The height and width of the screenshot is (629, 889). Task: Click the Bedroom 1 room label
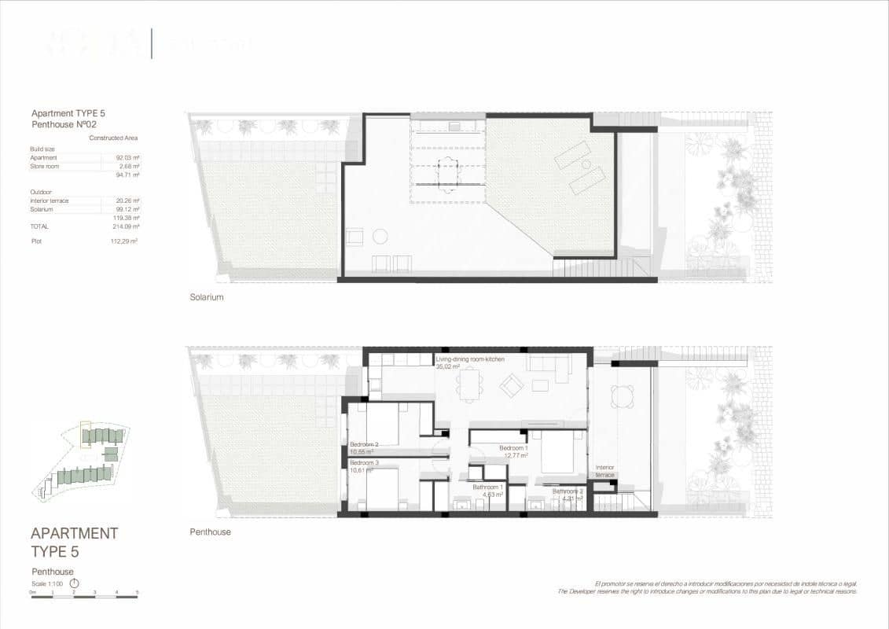(513, 448)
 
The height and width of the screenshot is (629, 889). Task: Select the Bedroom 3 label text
(364, 463)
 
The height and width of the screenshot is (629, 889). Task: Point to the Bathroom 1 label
(487, 487)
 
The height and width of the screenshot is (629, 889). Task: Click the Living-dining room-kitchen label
(470, 359)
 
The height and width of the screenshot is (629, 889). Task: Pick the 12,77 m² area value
(515, 455)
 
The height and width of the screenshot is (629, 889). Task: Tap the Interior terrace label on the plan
(604, 471)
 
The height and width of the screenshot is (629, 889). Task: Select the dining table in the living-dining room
(473, 385)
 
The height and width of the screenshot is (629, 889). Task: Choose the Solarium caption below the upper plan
(207, 297)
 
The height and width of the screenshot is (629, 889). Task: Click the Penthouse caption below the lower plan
(210, 532)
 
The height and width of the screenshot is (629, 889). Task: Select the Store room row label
(45, 167)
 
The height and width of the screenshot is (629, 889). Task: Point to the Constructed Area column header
(113, 138)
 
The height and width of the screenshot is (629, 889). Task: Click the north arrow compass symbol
(75, 583)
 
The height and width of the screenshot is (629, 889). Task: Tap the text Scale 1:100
(49, 584)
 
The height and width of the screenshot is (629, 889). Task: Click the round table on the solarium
(380, 236)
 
